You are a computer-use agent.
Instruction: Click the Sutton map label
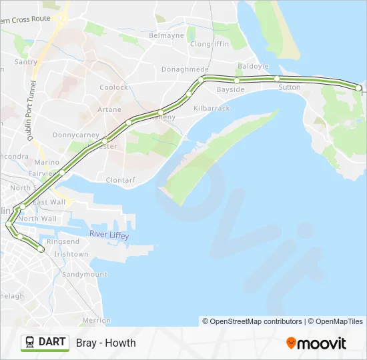tap(290, 87)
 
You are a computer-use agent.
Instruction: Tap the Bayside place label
tap(230, 89)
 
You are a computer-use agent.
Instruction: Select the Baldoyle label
tap(254, 67)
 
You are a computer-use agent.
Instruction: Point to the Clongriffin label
tap(210, 45)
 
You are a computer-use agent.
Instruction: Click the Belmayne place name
tap(166, 35)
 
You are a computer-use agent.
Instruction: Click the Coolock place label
tap(113, 87)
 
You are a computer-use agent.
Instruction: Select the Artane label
tap(109, 109)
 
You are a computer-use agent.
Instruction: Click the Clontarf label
tap(120, 180)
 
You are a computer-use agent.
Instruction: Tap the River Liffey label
tap(109, 235)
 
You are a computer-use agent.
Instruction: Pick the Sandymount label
tap(84, 274)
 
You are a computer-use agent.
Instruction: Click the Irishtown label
tap(71, 254)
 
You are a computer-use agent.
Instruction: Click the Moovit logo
tap(316, 343)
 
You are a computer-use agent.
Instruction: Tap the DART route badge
tap(45, 343)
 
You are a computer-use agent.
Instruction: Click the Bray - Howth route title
tap(105, 343)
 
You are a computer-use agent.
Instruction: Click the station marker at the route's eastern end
tap(358, 88)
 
